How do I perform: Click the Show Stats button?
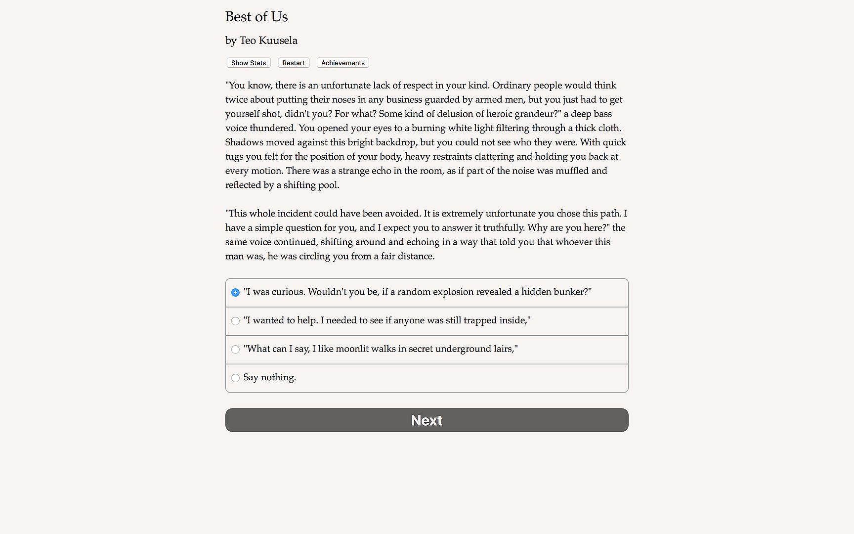tap(249, 63)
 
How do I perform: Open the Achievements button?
tap(342, 63)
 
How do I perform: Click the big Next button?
tap(427, 420)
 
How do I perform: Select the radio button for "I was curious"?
tap(235, 292)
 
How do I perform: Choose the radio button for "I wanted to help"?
tap(235, 321)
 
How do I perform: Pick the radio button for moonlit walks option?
tap(235, 350)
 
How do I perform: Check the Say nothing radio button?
tap(235, 378)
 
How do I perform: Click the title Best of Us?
tap(256, 17)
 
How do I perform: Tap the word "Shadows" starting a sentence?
tap(244, 142)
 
